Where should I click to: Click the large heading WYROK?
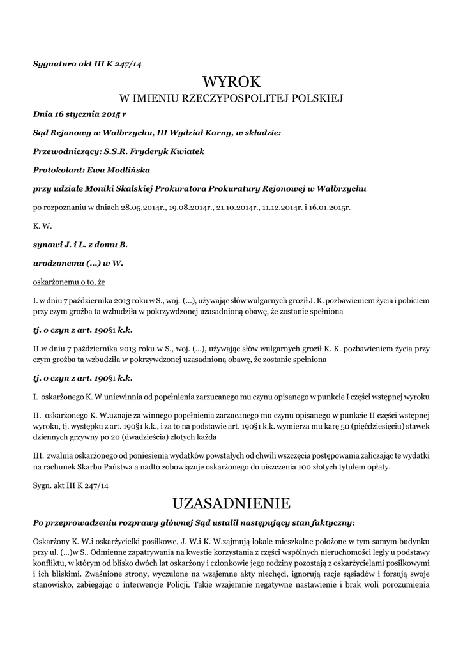coord(232,82)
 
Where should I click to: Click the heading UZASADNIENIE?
coord(231,504)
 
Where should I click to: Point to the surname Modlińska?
coord(121,170)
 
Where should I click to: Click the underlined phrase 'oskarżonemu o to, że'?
coord(69,281)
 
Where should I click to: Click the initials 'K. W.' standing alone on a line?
coord(42,225)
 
